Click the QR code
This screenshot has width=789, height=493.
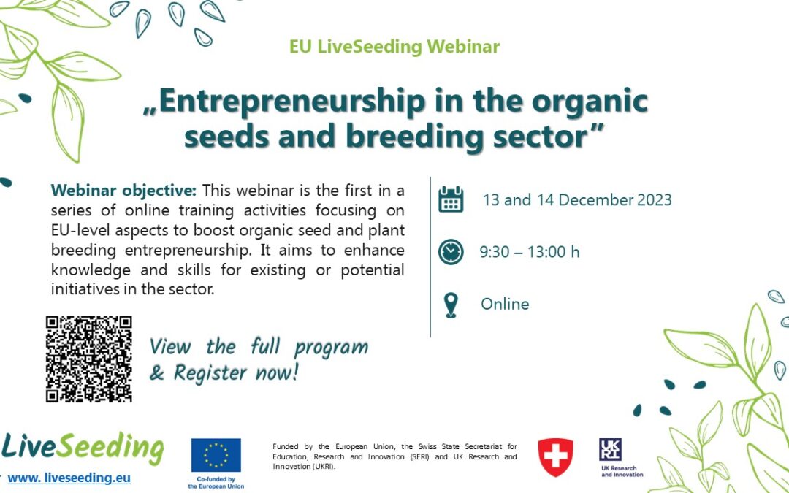[x=88, y=359]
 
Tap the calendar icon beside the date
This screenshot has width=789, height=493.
[x=451, y=199]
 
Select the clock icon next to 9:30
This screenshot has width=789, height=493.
[x=451, y=252]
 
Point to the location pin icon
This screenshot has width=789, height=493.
[x=451, y=305]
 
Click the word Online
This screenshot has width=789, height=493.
[x=505, y=304]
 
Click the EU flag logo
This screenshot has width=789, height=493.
[x=216, y=456]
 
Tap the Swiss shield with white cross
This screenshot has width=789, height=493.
[x=555, y=457]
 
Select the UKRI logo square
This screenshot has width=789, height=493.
[x=611, y=450]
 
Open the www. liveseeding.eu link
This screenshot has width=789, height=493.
[x=69, y=478]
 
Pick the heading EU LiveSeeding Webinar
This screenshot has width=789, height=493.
[x=394, y=47]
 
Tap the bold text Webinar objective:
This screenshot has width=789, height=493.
[x=123, y=191]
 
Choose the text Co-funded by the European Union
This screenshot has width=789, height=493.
[x=216, y=482]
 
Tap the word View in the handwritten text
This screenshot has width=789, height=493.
[x=169, y=346]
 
